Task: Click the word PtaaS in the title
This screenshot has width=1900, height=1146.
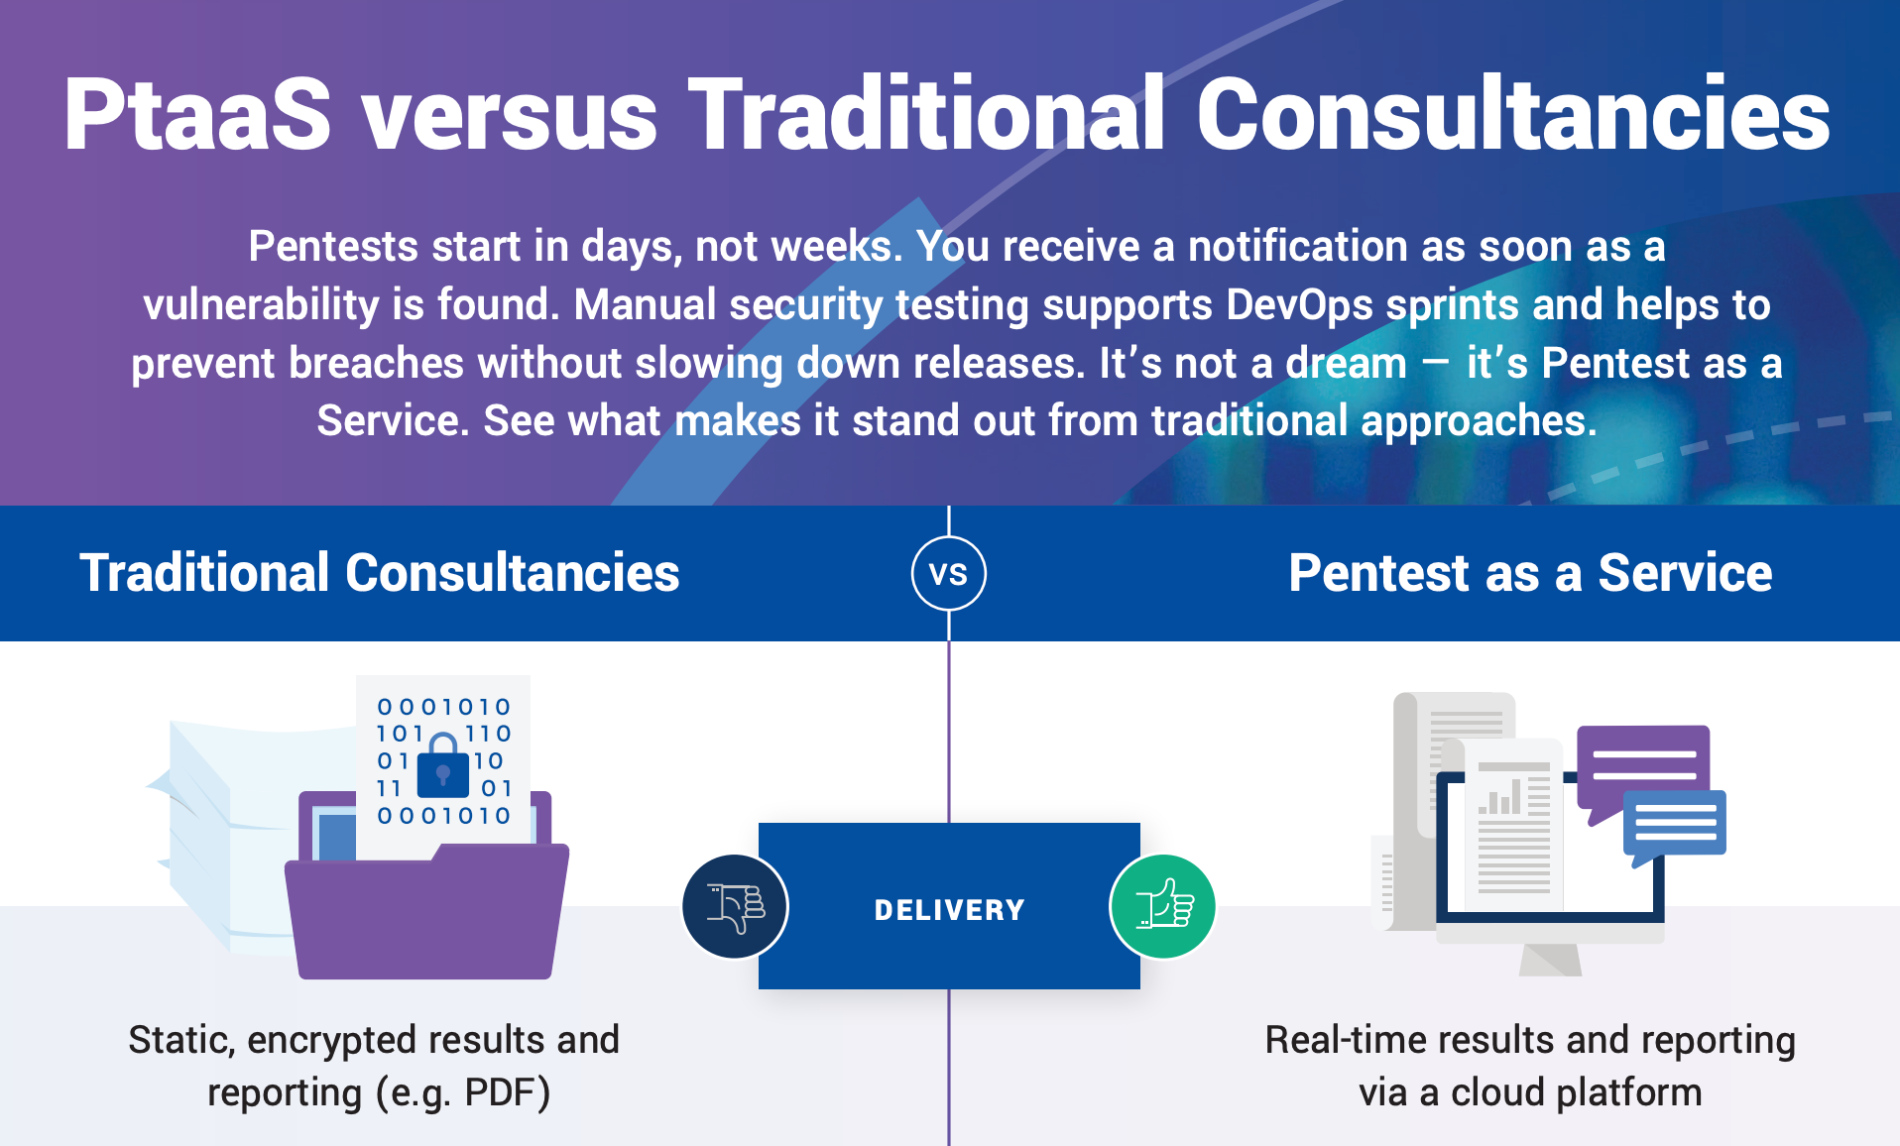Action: click(197, 114)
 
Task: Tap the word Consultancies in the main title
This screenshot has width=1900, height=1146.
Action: click(1513, 114)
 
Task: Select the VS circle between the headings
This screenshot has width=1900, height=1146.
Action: click(949, 573)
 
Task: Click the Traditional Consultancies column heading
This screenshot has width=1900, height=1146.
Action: click(380, 573)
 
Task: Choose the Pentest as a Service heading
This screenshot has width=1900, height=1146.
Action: click(1530, 573)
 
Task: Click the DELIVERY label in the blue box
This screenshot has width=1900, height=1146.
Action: click(949, 909)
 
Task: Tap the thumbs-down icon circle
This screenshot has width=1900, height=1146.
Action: click(735, 906)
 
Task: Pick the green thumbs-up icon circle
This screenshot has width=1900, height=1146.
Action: click(1163, 906)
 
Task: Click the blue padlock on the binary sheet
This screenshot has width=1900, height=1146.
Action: click(443, 765)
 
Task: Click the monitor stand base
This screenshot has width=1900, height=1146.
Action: click(1551, 959)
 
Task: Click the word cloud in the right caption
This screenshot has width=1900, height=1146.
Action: click(1497, 1092)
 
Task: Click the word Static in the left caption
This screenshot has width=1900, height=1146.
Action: click(181, 1041)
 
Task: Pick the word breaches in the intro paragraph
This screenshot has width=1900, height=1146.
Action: click(376, 363)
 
